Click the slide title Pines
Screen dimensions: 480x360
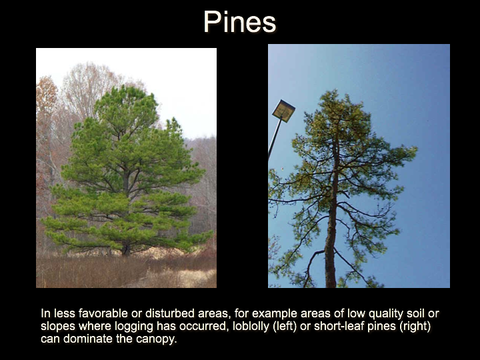click(x=240, y=21)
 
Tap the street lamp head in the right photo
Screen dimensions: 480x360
click(x=283, y=111)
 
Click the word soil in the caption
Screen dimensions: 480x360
click(x=416, y=313)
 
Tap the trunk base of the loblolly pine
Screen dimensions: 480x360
click(x=125, y=251)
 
